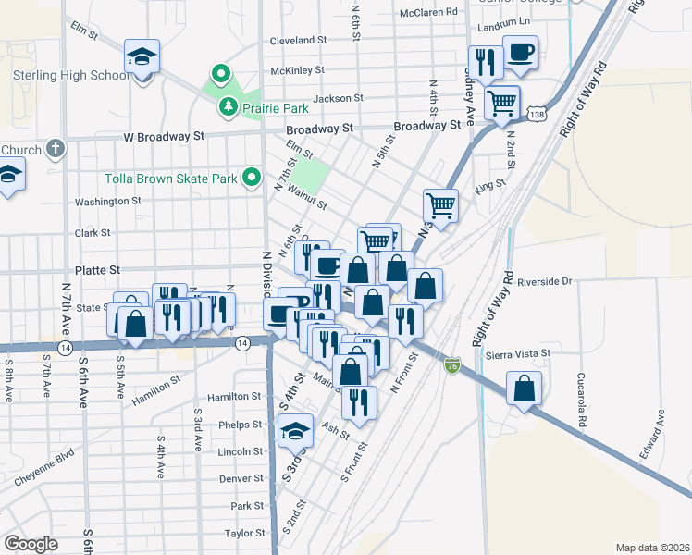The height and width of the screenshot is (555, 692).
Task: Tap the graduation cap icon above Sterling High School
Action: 142,56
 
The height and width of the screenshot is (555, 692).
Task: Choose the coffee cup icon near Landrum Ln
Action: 520,52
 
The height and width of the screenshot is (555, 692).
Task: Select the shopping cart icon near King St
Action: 441,205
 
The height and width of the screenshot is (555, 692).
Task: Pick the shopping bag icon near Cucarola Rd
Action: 525,388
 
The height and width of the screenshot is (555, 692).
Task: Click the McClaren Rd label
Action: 428,12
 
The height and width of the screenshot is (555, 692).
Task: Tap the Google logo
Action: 31,544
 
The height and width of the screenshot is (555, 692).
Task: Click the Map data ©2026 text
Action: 651,548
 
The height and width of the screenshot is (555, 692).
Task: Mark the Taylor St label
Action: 244,534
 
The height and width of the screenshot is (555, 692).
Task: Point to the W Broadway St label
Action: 164,136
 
